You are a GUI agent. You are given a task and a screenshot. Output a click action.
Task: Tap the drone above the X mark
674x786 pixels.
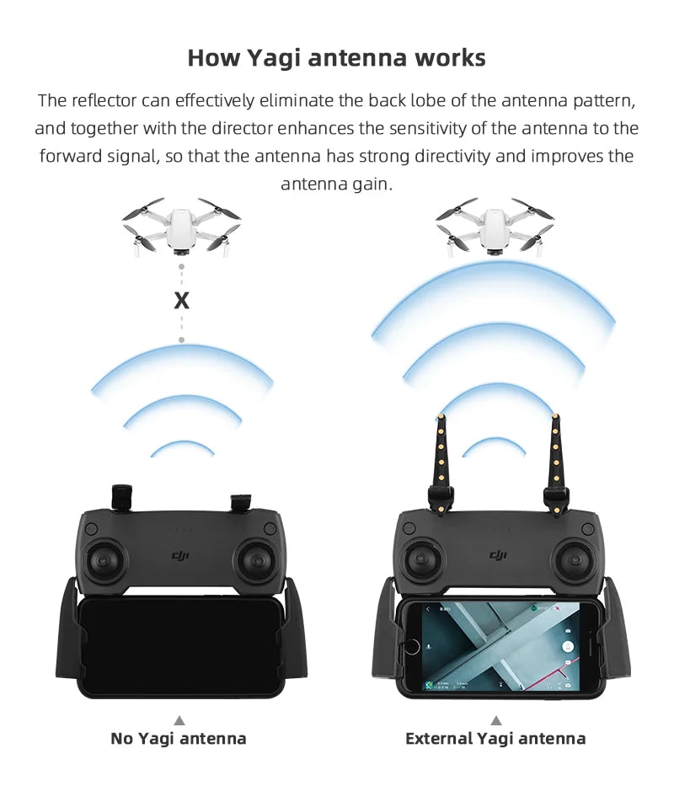[180, 226]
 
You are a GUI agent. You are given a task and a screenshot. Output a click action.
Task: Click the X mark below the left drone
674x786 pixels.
[180, 300]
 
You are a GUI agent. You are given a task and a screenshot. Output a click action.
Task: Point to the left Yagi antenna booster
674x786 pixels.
[441, 459]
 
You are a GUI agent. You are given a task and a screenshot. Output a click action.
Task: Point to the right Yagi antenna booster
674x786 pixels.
[554, 459]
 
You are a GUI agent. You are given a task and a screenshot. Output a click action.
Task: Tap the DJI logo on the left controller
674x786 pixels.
[181, 555]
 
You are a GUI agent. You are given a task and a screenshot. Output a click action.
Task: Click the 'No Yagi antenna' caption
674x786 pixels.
[179, 739]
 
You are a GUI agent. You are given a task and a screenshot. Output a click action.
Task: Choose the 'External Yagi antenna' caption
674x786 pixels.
[495, 739]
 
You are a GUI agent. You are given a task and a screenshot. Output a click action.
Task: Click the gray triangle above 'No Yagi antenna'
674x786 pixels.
[179, 720]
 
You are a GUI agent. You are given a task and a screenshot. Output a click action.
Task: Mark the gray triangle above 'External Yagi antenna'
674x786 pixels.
[495, 720]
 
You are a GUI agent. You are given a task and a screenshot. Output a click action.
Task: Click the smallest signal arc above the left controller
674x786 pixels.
[182, 446]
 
